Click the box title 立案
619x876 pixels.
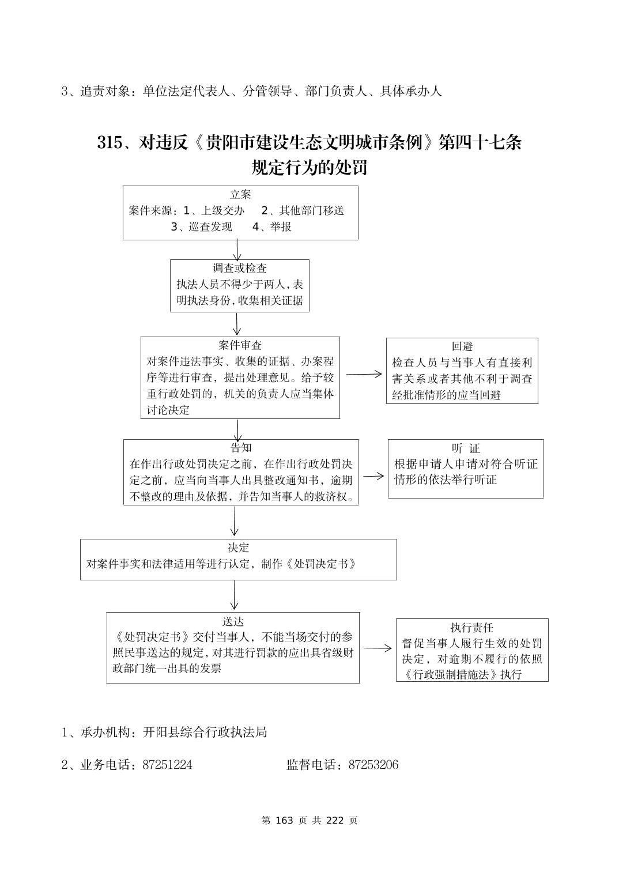pyautogui.click(x=240, y=195)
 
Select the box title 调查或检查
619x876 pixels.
pyautogui.click(x=240, y=268)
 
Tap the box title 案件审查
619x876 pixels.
pyautogui.click(x=240, y=345)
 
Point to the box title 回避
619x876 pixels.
pyautogui.click(x=462, y=346)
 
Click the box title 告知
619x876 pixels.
pyautogui.click(x=240, y=448)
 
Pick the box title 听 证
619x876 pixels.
pyautogui.click(x=466, y=448)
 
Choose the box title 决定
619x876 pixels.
pyautogui.click(x=238, y=547)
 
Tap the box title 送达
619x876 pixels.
pyautogui.click(x=233, y=621)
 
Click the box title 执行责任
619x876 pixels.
pyautogui.click(x=471, y=628)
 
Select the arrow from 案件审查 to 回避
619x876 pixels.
pyautogui.click(x=363, y=374)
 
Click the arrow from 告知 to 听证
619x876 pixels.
pyautogui.click(x=373, y=476)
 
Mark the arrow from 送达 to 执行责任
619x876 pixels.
pyautogui.click(x=378, y=648)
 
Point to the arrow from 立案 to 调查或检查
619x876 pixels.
pyautogui.click(x=237, y=250)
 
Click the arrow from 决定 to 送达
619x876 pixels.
pyautogui.click(x=234, y=595)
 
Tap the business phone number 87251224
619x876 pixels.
pyautogui.click(x=167, y=765)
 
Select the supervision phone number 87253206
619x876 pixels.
pyautogui.click(x=373, y=765)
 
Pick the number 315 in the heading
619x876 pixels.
pyautogui.click(x=110, y=142)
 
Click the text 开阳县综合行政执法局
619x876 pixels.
pyautogui.click(x=205, y=732)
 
